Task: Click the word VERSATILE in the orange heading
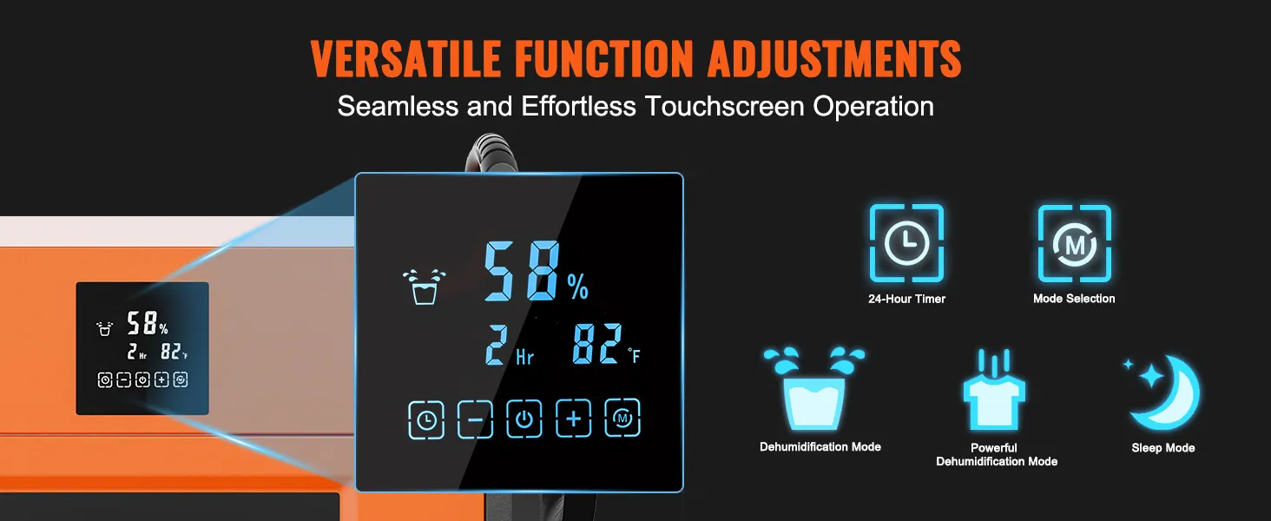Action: coord(405,58)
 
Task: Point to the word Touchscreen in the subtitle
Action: coord(723,106)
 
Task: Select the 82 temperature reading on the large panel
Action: coord(597,343)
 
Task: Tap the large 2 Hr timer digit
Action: coord(497,344)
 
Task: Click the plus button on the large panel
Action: coord(573,419)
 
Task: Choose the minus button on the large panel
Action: coord(475,419)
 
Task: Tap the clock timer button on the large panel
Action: coord(426,420)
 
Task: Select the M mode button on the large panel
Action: coord(622,419)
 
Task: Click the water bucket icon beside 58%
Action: coord(425,287)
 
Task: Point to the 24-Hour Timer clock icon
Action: coord(906,243)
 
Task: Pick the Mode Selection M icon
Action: coord(1075,243)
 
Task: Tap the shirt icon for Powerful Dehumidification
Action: coord(994,391)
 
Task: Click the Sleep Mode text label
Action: coord(1163,448)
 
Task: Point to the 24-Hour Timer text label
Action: coord(906,299)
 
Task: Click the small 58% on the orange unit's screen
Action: coord(147,324)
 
